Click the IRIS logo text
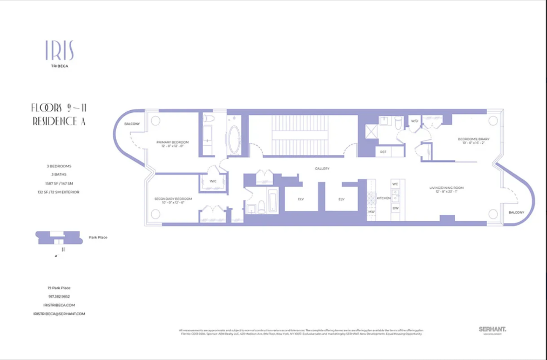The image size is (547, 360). tap(59, 51)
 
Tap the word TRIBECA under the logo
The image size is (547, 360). tap(59, 66)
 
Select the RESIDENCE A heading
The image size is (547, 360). tap(59, 121)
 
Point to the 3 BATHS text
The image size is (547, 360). tap(59, 174)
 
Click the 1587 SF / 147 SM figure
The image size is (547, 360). tap(59, 183)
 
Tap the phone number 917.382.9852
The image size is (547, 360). tap(59, 296)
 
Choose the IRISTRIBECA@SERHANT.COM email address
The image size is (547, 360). tap(59, 314)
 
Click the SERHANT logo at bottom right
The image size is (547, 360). tap(492, 329)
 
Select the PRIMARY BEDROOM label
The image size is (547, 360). tap(172, 142)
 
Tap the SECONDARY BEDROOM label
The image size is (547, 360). tap(173, 199)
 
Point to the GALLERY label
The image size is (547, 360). tap(322, 169)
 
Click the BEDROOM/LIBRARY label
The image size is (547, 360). tap(473, 139)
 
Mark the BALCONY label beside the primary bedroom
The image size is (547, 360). tap(132, 124)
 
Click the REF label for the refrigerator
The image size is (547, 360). tap(383, 152)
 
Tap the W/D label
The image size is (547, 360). tap(415, 121)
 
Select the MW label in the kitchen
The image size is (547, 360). tap(372, 212)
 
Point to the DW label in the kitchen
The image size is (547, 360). tap(395, 208)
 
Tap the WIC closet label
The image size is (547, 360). tap(213, 181)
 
